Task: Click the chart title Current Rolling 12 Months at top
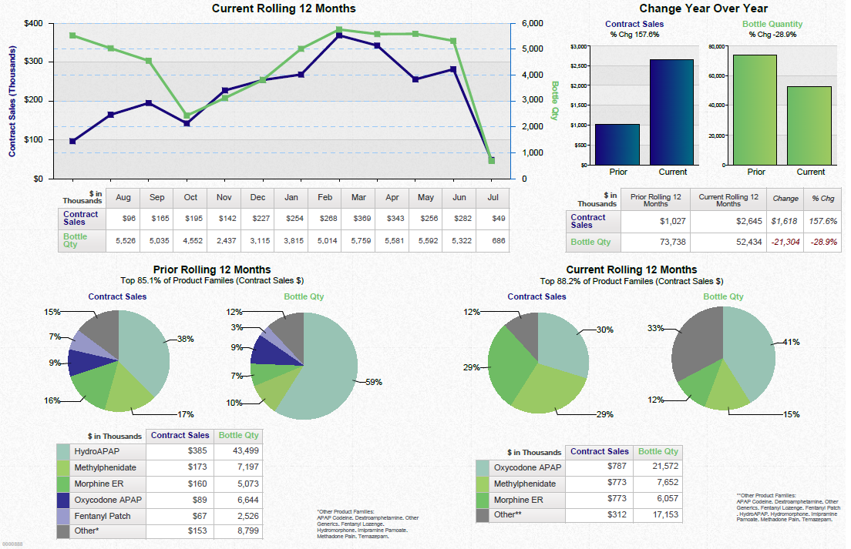coord(284,8)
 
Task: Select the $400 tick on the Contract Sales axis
coord(33,23)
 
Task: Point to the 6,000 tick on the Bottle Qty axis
coord(533,23)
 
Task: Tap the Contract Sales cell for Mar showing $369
coord(358,219)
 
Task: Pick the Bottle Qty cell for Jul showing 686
coord(493,241)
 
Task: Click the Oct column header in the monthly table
coord(190,197)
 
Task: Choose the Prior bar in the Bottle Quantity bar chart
coord(755,109)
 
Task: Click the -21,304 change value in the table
coord(785,242)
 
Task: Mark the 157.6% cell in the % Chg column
coord(823,221)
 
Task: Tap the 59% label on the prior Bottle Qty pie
coord(373,382)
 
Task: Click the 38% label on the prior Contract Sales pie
coord(185,339)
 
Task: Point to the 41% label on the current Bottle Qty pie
coord(791,342)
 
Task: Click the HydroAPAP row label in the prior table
coord(97,450)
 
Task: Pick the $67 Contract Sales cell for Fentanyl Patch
coord(199,517)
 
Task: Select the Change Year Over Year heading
coord(703,8)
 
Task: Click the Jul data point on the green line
coord(491,160)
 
